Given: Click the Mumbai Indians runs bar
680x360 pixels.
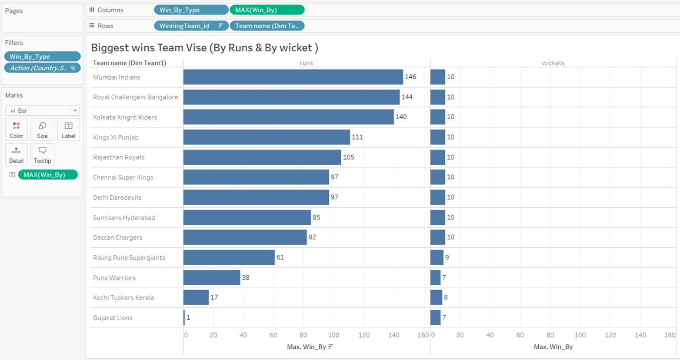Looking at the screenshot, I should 293,77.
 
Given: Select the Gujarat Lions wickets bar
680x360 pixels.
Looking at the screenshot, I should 435,317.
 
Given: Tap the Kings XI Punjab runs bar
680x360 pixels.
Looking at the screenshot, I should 267,137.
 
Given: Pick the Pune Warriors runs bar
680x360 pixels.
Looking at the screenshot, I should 212,277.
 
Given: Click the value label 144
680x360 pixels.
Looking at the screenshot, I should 407,97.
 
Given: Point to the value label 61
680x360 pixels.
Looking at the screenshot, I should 280,257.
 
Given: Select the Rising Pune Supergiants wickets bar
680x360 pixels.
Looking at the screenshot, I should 437,257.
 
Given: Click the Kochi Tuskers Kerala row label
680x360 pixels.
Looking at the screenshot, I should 123,298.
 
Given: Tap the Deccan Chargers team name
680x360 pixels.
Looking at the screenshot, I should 118,237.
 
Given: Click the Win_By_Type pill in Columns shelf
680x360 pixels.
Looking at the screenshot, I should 191,10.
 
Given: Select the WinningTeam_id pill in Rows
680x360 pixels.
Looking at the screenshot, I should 191,26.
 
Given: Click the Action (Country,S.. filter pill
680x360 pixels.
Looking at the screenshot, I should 42,68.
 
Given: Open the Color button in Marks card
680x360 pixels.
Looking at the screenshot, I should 17,130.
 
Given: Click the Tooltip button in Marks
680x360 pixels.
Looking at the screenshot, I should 42,154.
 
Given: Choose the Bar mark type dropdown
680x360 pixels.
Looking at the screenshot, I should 42,110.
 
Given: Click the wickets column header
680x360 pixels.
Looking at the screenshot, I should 553,63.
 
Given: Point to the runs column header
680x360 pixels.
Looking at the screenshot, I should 306,63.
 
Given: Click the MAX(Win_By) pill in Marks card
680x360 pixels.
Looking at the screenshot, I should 47,175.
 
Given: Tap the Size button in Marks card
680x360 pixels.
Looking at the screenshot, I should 42,130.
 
